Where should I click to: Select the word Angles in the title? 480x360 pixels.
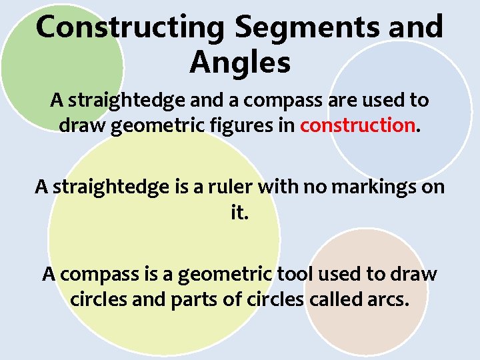pyautogui.click(x=240, y=63)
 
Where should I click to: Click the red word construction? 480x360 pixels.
pyautogui.click(x=357, y=125)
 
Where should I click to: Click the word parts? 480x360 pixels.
pyautogui.click(x=197, y=299)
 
